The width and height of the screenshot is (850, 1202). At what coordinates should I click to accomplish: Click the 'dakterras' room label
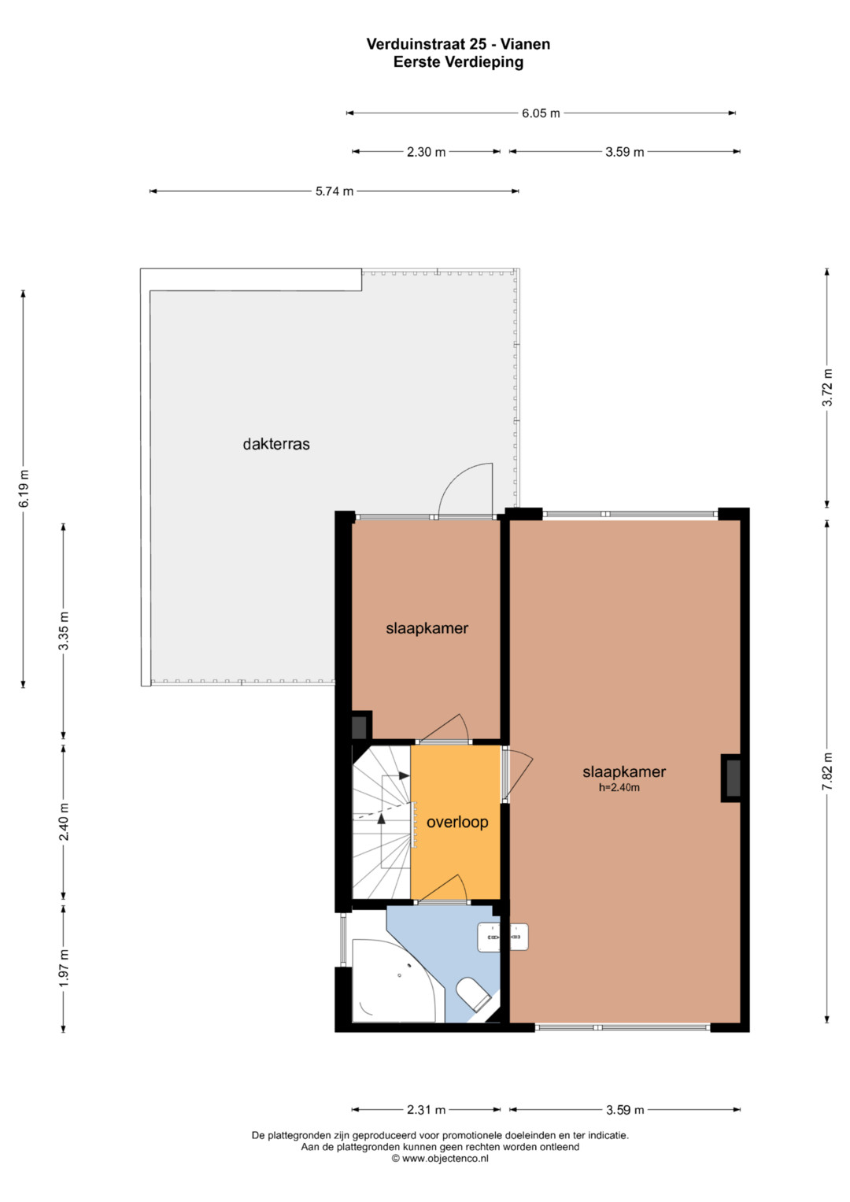point(276,444)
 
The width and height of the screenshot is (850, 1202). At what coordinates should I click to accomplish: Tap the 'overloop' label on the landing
point(457,822)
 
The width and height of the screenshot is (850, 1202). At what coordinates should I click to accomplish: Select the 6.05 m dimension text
point(541,113)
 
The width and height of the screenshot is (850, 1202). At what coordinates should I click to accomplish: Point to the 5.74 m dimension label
point(334,191)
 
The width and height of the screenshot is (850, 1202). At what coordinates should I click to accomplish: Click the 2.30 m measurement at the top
point(426,152)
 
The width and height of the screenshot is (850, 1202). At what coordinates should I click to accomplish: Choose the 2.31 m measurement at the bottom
point(426,1110)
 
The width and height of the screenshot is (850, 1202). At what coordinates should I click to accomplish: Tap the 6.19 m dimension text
point(24,488)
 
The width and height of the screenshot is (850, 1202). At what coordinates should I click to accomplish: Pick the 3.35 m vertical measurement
point(64,631)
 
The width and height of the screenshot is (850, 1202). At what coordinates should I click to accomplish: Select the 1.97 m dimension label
point(64,967)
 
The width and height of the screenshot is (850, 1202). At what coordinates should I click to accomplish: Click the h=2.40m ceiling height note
point(619,788)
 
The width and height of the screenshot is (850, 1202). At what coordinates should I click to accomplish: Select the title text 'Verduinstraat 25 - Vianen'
point(458,44)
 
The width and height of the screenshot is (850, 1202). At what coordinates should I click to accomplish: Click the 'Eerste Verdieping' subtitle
point(458,62)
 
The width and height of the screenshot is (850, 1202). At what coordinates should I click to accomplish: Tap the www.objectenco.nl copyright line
point(439,1159)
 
